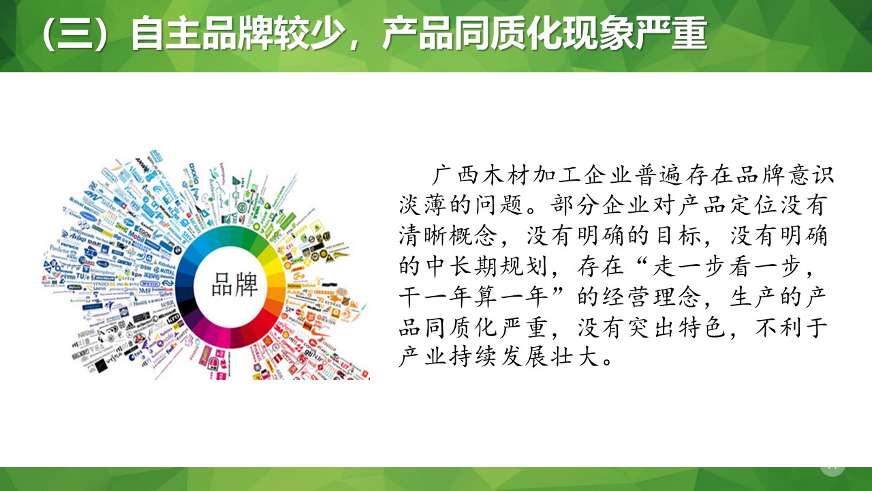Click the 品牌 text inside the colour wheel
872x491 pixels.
[x=235, y=284]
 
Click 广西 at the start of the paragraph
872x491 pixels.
[x=456, y=175]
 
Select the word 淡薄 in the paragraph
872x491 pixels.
[x=423, y=204]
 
